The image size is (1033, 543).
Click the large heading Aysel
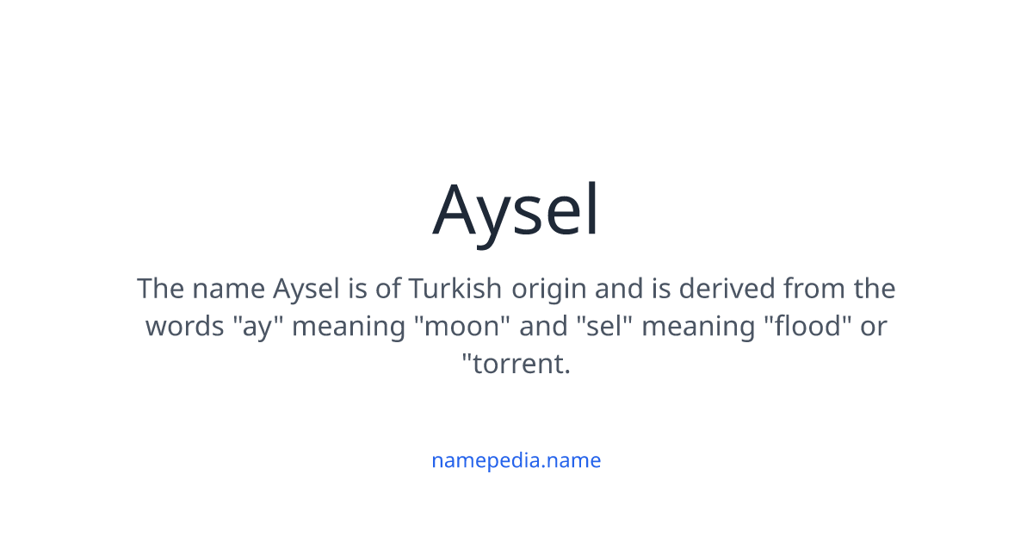click(516, 209)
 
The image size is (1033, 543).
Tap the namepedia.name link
click(516, 460)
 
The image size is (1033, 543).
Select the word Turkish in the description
click(455, 288)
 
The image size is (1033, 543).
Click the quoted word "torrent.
click(516, 364)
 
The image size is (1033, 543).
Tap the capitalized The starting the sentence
click(160, 288)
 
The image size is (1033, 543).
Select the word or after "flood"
click(873, 327)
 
